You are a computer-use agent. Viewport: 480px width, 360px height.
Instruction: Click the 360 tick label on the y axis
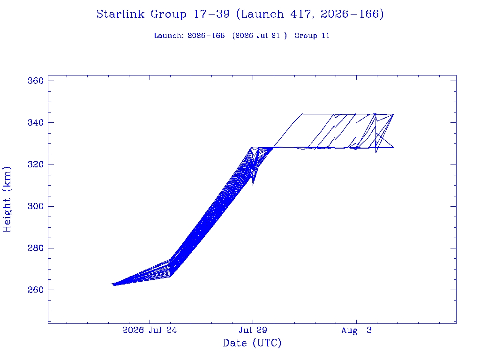(36, 81)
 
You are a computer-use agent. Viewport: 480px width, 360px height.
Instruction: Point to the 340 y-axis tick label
(36, 123)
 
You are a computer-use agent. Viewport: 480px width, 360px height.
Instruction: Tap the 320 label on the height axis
(36, 165)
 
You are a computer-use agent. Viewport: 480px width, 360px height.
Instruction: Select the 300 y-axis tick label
(36, 206)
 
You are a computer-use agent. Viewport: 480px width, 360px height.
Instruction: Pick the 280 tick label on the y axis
(36, 248)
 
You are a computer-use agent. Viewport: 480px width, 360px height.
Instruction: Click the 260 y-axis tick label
(36, 290)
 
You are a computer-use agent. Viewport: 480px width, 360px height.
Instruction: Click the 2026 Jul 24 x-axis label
(150, 330)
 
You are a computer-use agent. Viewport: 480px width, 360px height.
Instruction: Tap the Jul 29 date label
(253, 330)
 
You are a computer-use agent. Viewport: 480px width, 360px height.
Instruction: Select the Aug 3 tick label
(356, 330)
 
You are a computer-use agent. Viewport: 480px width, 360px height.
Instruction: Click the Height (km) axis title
(7, 200)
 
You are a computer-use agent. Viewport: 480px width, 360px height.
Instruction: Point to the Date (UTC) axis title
(252, 343)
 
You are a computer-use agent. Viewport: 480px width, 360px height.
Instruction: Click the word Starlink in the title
(120, 14)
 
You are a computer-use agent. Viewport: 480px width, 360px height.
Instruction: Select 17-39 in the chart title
(211, 14)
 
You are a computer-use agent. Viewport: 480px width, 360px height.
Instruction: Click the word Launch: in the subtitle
(169, 36)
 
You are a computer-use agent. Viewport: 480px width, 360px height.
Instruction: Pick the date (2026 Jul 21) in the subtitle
(260, 36)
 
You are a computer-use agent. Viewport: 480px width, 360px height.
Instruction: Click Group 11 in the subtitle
(312, 36)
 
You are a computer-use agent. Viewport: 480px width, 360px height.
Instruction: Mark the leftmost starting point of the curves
(112, 284)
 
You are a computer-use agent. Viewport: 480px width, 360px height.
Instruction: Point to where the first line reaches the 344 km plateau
(302, 114)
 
